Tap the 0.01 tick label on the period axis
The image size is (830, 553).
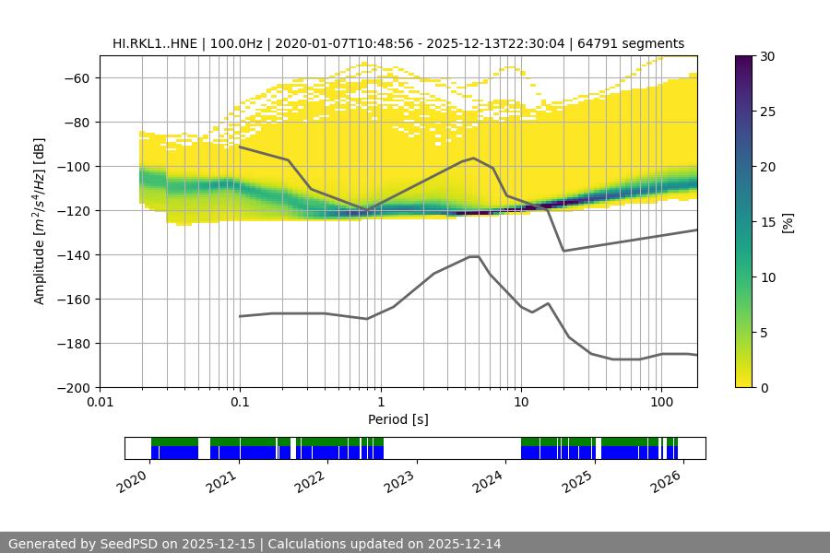coord(100,403)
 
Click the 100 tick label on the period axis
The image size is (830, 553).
coord(661,403)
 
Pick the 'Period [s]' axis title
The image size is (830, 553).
coord(398,419)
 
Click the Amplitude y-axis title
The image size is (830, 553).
coord(40,221)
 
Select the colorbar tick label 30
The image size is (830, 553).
coord(766,56)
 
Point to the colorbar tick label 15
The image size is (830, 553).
coord(766,222)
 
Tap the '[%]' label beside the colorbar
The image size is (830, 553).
coord(788,222)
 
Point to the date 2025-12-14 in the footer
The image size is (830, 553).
coord(459,544)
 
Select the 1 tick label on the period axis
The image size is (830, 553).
coord(380,403)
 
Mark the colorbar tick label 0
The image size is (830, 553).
coord(763,388)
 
